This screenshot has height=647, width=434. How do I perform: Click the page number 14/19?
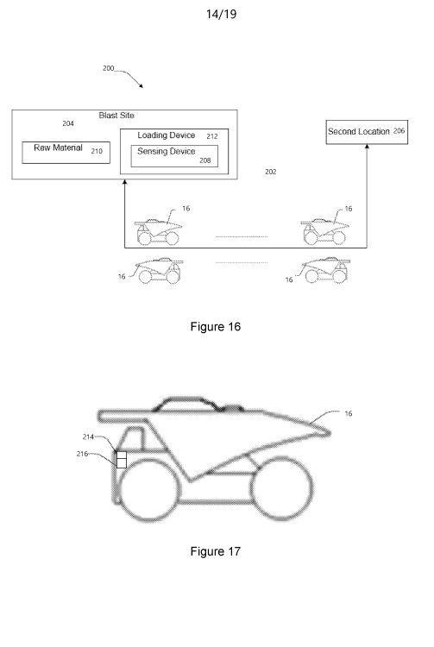coord(221,15)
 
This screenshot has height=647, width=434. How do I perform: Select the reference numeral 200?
coord(108,68)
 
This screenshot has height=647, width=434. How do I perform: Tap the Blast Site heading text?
coord(116,116)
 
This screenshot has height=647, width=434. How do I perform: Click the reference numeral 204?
coord(68,123)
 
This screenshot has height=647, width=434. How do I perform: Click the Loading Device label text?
coord(167,135)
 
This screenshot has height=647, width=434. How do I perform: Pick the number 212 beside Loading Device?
coord(212,136)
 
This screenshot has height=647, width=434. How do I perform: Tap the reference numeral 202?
coord(271,172)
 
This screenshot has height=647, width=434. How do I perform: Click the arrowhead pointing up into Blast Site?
coord(125,181)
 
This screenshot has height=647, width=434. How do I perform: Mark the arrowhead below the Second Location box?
coord(367,147)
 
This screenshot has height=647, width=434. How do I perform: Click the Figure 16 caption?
coord(216,327)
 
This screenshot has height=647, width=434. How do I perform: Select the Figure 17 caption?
coord(216,551)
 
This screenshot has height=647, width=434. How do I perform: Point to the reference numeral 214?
coord(88,437)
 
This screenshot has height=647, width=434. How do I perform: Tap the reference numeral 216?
coord(82,454)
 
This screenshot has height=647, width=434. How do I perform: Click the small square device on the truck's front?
coord(122,460)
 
